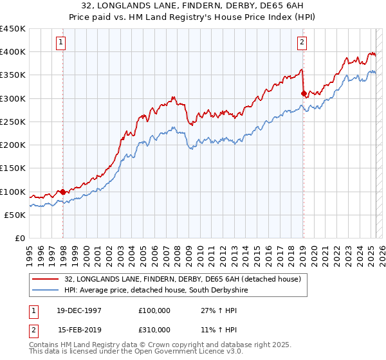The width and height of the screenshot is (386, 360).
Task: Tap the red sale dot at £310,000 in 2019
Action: coord(304,93)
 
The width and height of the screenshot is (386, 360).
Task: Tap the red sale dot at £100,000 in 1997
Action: coord(63,192)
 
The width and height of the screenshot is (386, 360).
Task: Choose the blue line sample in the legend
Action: coord(46,291)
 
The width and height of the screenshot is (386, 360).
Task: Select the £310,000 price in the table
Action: coord(154,329)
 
